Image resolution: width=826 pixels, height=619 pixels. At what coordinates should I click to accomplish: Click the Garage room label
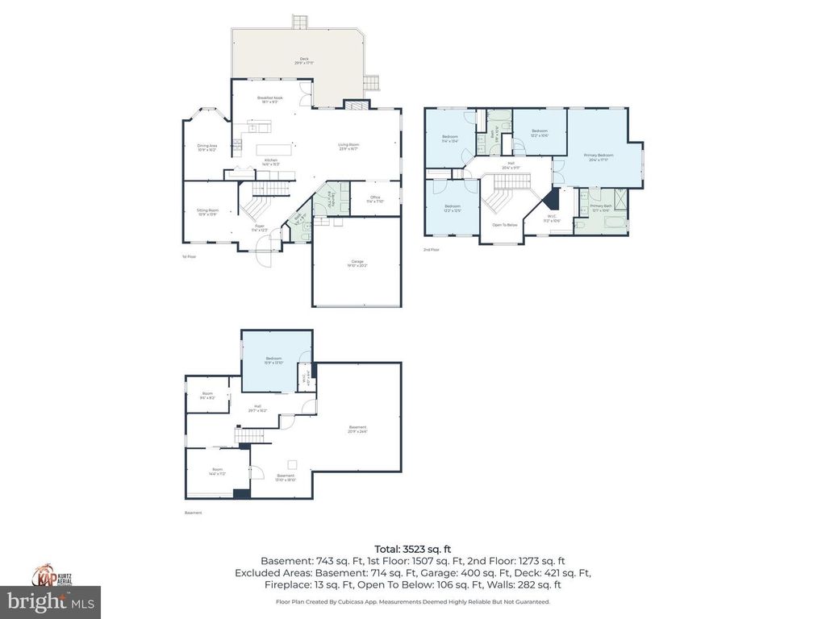click(x=357, y=263)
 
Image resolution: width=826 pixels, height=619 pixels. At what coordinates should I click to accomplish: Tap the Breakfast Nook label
click(x=270, y=99)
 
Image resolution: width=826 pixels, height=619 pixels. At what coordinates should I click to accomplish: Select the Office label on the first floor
click(x=375, y=199)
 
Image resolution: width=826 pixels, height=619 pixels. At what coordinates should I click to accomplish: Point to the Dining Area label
click(x=207, y=147)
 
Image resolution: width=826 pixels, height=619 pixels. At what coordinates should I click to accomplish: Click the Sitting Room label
click(x=207, y=211)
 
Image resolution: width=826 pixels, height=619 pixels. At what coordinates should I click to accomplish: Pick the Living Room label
click(x=348, y=147)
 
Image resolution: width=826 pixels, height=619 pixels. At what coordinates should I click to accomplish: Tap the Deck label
click(x=304, y=60)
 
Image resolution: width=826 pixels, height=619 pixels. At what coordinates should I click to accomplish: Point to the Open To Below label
click(x=504, y=225)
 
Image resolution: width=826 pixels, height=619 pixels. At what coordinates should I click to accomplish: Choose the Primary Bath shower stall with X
click(x=623, y=199)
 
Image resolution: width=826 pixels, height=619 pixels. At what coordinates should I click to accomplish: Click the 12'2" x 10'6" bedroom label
click(x=539, y=133)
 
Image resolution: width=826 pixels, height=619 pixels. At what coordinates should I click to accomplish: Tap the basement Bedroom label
click(x=274, y=360)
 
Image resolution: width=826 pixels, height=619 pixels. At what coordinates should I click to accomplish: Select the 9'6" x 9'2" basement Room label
click(x=207, y=395)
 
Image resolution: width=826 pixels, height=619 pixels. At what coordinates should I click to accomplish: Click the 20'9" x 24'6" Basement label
click(x=357, y=429)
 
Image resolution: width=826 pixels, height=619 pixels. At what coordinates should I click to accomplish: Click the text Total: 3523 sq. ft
click(x=412, y=548)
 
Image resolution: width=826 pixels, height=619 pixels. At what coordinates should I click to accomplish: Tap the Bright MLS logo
click(x=50, y=601)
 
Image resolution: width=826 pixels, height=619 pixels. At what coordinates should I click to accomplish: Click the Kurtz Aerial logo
click(x=50, y=575)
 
